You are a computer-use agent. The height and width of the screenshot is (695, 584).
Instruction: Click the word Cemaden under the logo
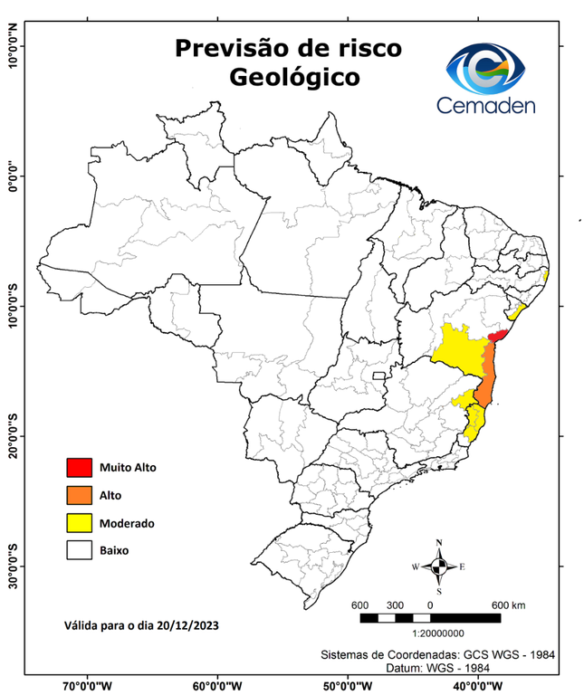coord(487,105)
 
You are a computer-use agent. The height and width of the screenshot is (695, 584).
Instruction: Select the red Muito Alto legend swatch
coord(79,468)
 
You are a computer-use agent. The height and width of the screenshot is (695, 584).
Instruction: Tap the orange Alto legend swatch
coord(79,495)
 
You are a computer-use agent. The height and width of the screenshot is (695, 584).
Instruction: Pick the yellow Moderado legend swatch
coord(79,523)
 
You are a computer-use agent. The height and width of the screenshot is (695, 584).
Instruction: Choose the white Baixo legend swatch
coord(79,550)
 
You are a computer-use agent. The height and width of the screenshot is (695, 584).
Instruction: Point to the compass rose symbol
coord(439,566)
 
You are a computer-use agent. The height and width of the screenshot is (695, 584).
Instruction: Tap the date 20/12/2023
coord(187,625)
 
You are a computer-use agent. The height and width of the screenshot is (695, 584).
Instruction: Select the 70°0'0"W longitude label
coord(88,686)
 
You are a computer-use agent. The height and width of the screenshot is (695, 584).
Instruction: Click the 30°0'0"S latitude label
coord(14,566)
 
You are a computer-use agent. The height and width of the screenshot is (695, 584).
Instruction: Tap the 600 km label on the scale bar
coord(508,605)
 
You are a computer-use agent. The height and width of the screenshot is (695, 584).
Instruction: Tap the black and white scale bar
coord(430,618)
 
